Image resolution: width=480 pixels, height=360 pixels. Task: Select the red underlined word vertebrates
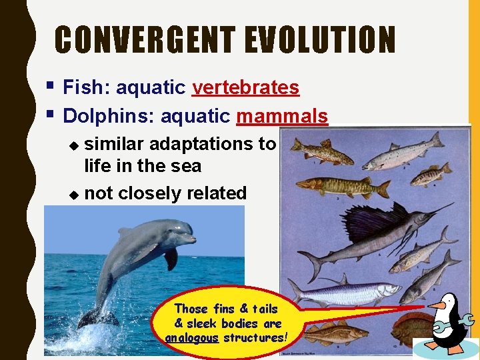pos(245,87)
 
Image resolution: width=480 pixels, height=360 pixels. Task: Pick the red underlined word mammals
pos(282,116)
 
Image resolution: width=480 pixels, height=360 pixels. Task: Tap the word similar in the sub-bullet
pos(115,143)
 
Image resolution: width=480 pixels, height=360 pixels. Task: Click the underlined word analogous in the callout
pos(192,337)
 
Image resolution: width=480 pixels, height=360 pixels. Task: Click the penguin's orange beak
pos(436,306)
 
